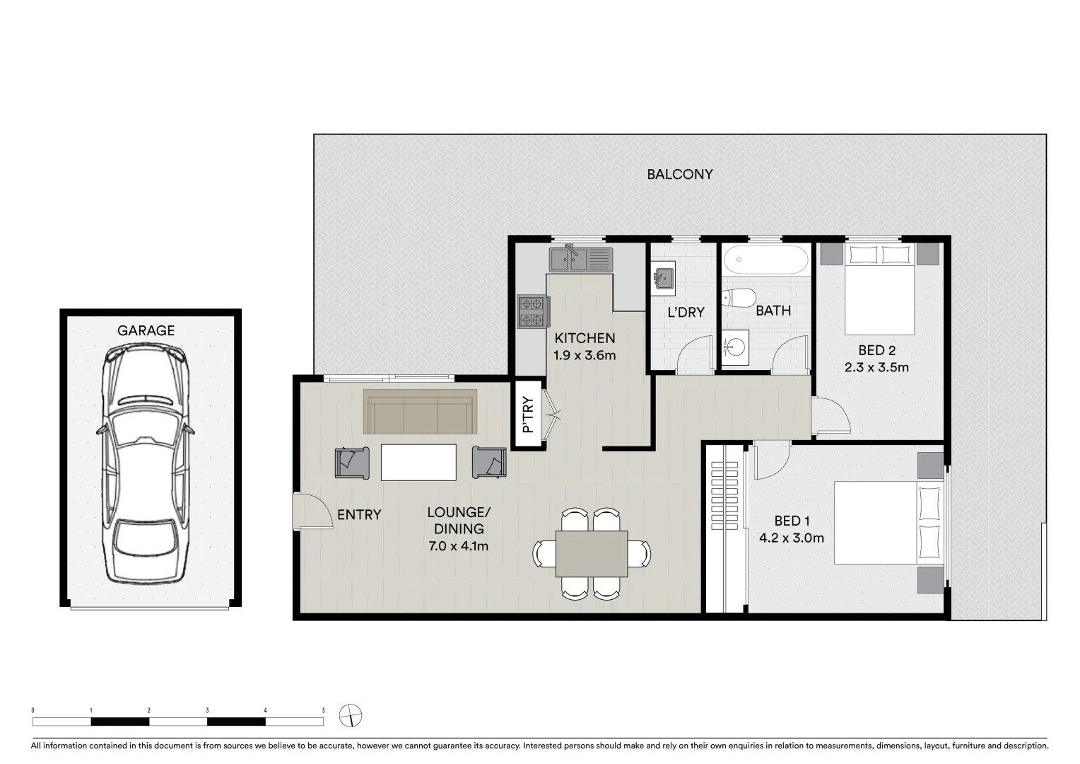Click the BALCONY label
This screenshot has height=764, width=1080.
(x=679, y=174)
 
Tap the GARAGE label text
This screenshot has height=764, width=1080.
(x=146, y=330)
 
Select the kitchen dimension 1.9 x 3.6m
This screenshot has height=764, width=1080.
(x=585, y=355)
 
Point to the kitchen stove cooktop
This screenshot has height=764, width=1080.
(x=534, y=312)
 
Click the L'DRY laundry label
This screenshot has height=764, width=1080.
(x=686, y=312)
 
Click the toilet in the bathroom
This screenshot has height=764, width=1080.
(x=738, y=298)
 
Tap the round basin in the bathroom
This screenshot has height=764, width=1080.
(x=736, y=347)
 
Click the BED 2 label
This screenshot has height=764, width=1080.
(x=876, y=350)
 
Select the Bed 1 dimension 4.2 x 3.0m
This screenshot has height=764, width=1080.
(x=791, y=538)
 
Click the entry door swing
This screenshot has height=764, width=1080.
(x=312, y=511)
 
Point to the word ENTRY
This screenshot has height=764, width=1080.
(x=358, y=515)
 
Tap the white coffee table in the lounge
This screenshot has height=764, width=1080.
(x=418, y=462)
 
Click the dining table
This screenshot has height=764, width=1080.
(x=591, y=553)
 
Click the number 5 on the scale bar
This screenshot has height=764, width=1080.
(x=323, y=710)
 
